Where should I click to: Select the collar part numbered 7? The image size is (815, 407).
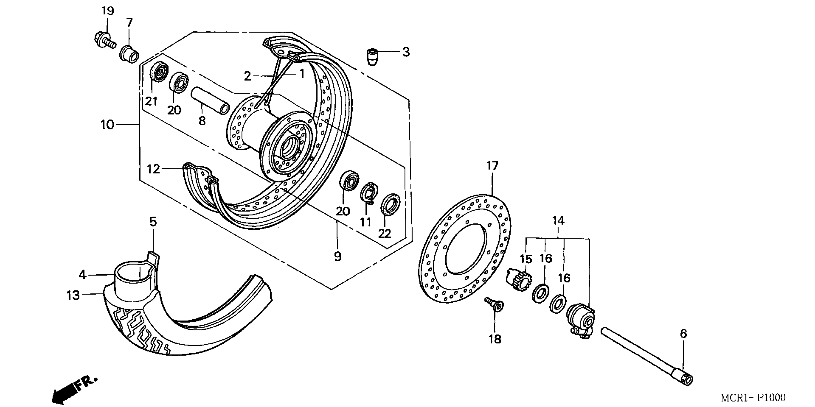point(129,54)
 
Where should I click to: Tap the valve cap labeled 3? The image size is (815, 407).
point(372,57)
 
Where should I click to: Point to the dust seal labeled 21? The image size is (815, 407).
point(158,72)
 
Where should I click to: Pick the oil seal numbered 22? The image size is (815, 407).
point(390,203)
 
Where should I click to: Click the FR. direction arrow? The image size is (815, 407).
point(75,388)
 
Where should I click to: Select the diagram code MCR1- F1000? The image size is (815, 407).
point(753,397)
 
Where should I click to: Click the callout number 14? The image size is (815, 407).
point(558,220)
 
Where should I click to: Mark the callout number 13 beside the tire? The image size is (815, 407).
point(73,295)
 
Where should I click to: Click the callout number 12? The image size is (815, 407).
point(153,169)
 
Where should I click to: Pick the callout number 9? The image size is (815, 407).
point(338,256)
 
